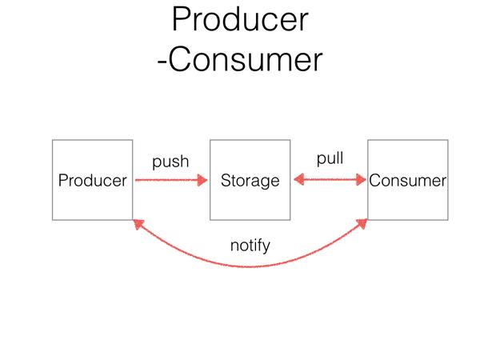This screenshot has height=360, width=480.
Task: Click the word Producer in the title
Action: tap(240, 19)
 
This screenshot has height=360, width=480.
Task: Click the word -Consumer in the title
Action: tap(240, 59)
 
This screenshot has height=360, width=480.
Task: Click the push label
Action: tap(170, 162)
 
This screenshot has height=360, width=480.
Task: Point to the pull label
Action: tap(330, 158)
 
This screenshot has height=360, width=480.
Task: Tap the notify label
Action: tap(250, 246)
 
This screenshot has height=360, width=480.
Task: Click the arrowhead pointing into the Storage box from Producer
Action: tap(202, 180)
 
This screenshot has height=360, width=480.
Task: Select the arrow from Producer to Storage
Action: tap(171, 180)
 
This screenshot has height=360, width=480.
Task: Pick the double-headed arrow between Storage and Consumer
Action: tap(330, 180)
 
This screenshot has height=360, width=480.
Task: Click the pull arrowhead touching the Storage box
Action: tap(298, 180)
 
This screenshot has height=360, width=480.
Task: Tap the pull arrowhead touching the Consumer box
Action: tap(362, 180)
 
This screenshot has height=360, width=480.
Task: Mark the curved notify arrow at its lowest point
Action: tap(250, 266)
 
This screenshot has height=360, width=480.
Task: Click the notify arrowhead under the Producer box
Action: tap(138, 224)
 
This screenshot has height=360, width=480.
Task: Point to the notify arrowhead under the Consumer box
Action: tap(362, 224)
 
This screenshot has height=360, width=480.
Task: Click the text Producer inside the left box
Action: tap(93, 180)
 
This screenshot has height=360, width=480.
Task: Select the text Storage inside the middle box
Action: tap(250, 181)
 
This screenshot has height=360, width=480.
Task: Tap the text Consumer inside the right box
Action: tap(408, 181)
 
